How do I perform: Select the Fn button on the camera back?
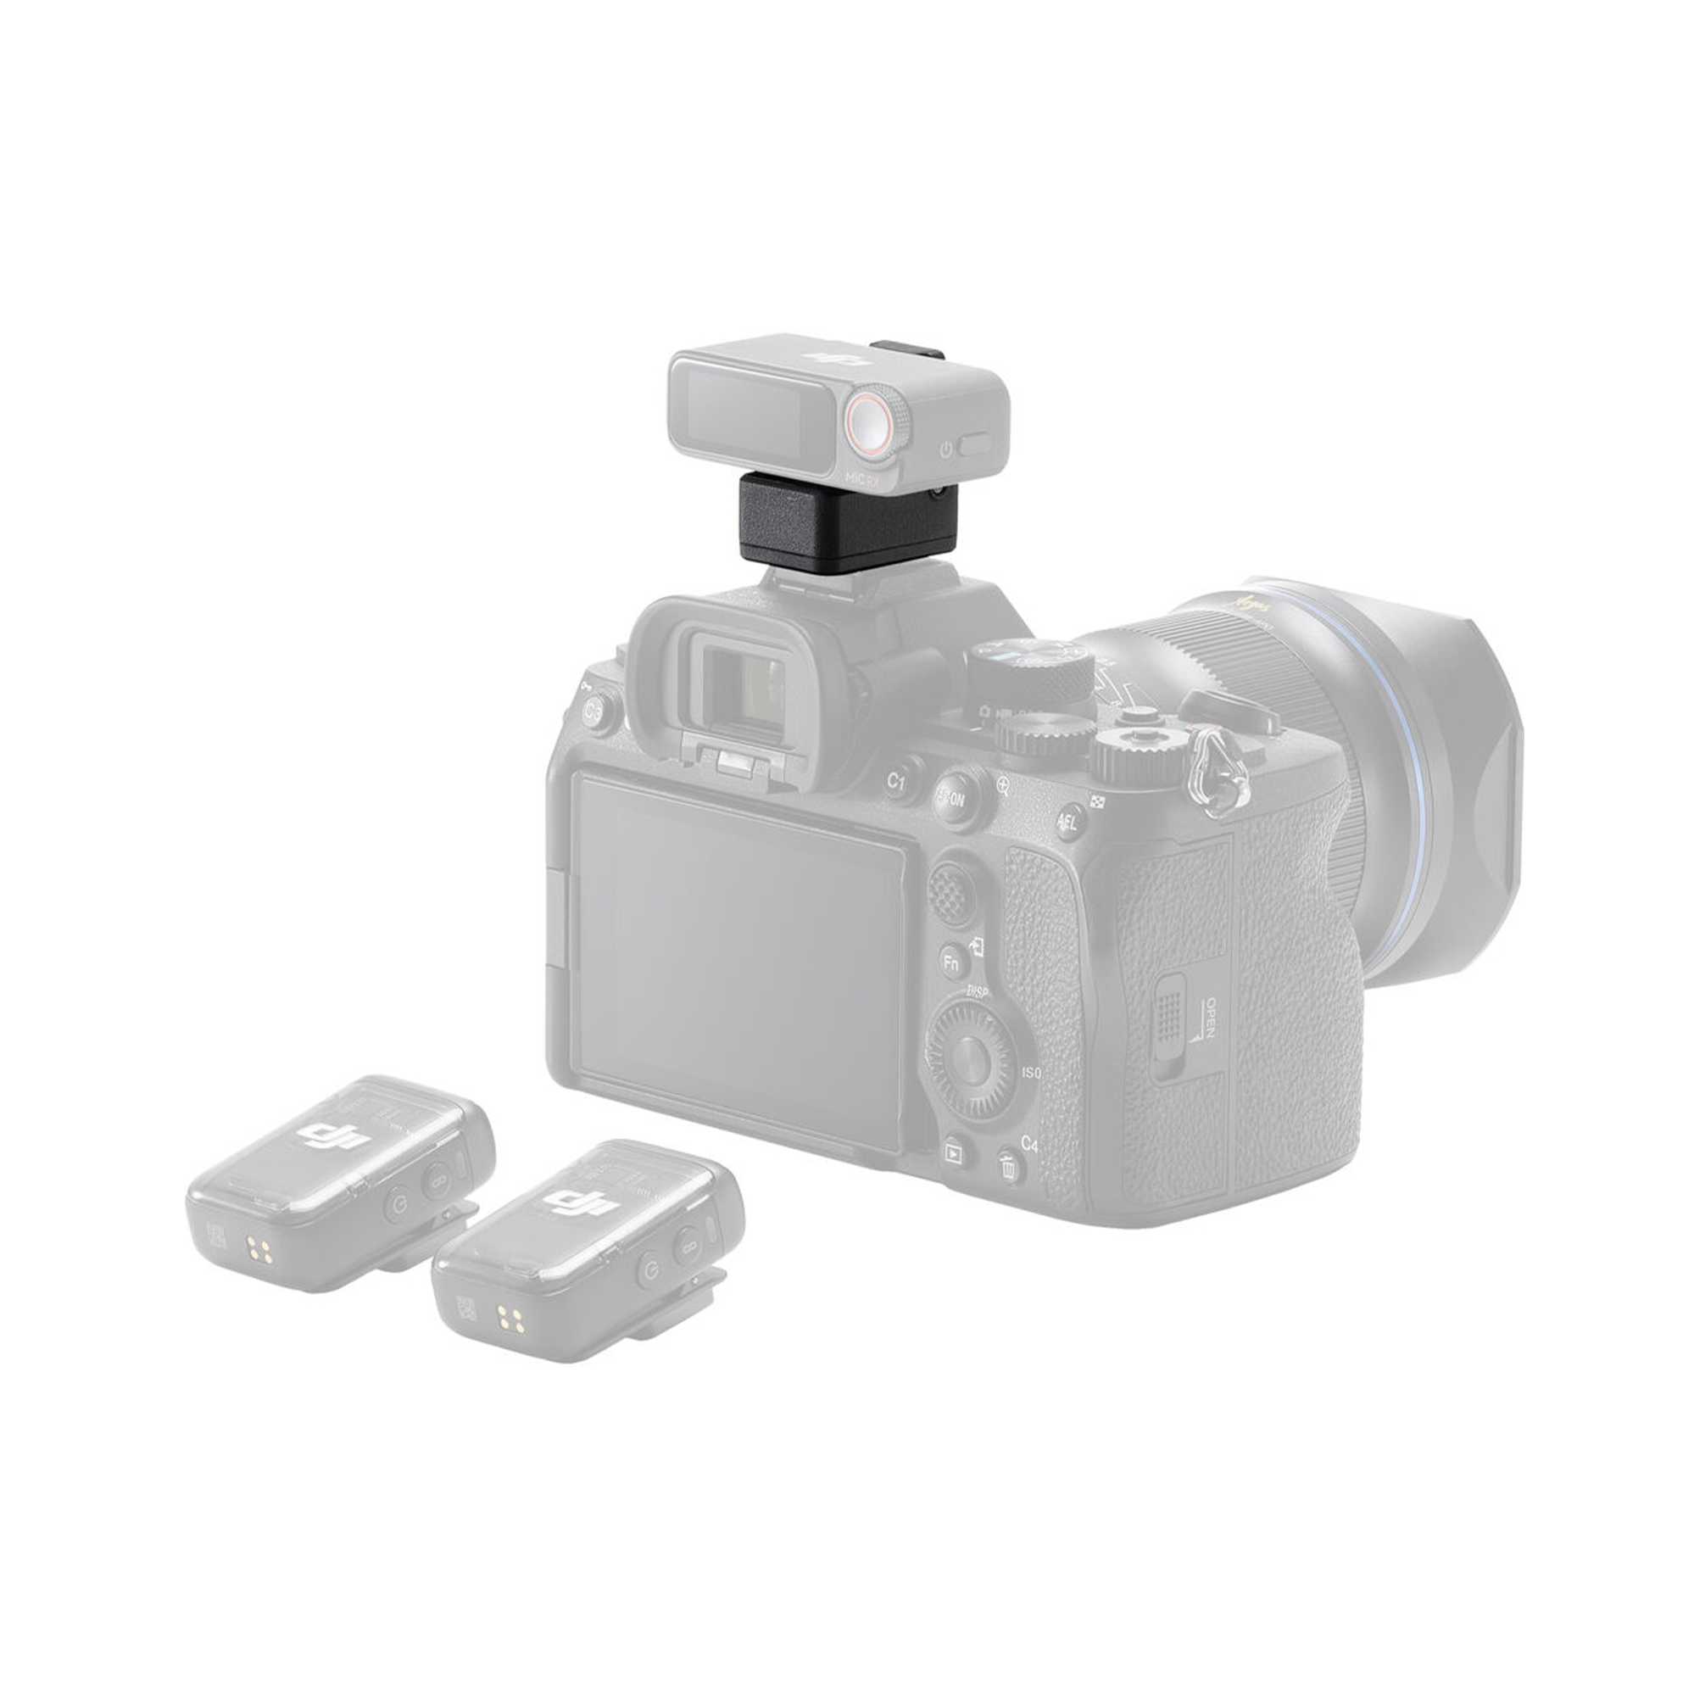click(x=952, y=962)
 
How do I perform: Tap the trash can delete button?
click(x=1010, y=1167)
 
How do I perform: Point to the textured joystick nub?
click(x=950, y=891)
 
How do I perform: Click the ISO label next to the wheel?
click(x=1031, y=1073)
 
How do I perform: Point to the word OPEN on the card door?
click(x=1210, y=1018)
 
